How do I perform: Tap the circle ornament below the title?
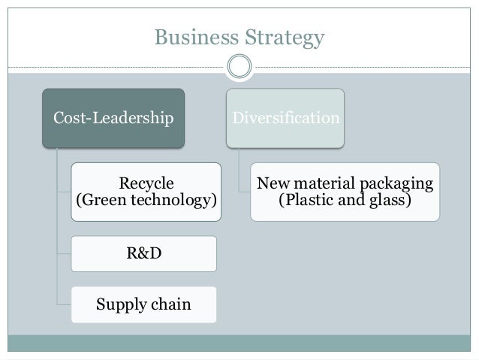pos(239,67)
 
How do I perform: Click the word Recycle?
pos(146,183)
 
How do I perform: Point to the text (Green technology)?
pos(146,201)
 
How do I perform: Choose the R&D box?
pos(143,254)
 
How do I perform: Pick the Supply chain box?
pos(143,304)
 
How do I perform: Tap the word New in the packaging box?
pos(271,183)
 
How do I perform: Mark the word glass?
pos(388,202)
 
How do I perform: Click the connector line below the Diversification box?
pos(239,169)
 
